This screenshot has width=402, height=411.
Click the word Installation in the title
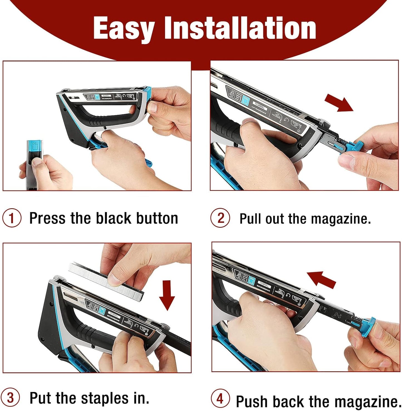[240, 28]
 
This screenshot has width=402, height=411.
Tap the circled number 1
[12, 218]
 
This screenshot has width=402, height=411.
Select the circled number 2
[220, 218]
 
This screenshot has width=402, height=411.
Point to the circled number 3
[11, 398]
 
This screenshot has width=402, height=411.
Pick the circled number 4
[220, 398]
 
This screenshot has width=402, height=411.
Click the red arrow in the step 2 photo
[339, 103]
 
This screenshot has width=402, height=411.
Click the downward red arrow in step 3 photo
[167, 295]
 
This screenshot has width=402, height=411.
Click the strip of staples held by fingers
[106, 278]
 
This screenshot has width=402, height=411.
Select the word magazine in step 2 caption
[341, 219]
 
